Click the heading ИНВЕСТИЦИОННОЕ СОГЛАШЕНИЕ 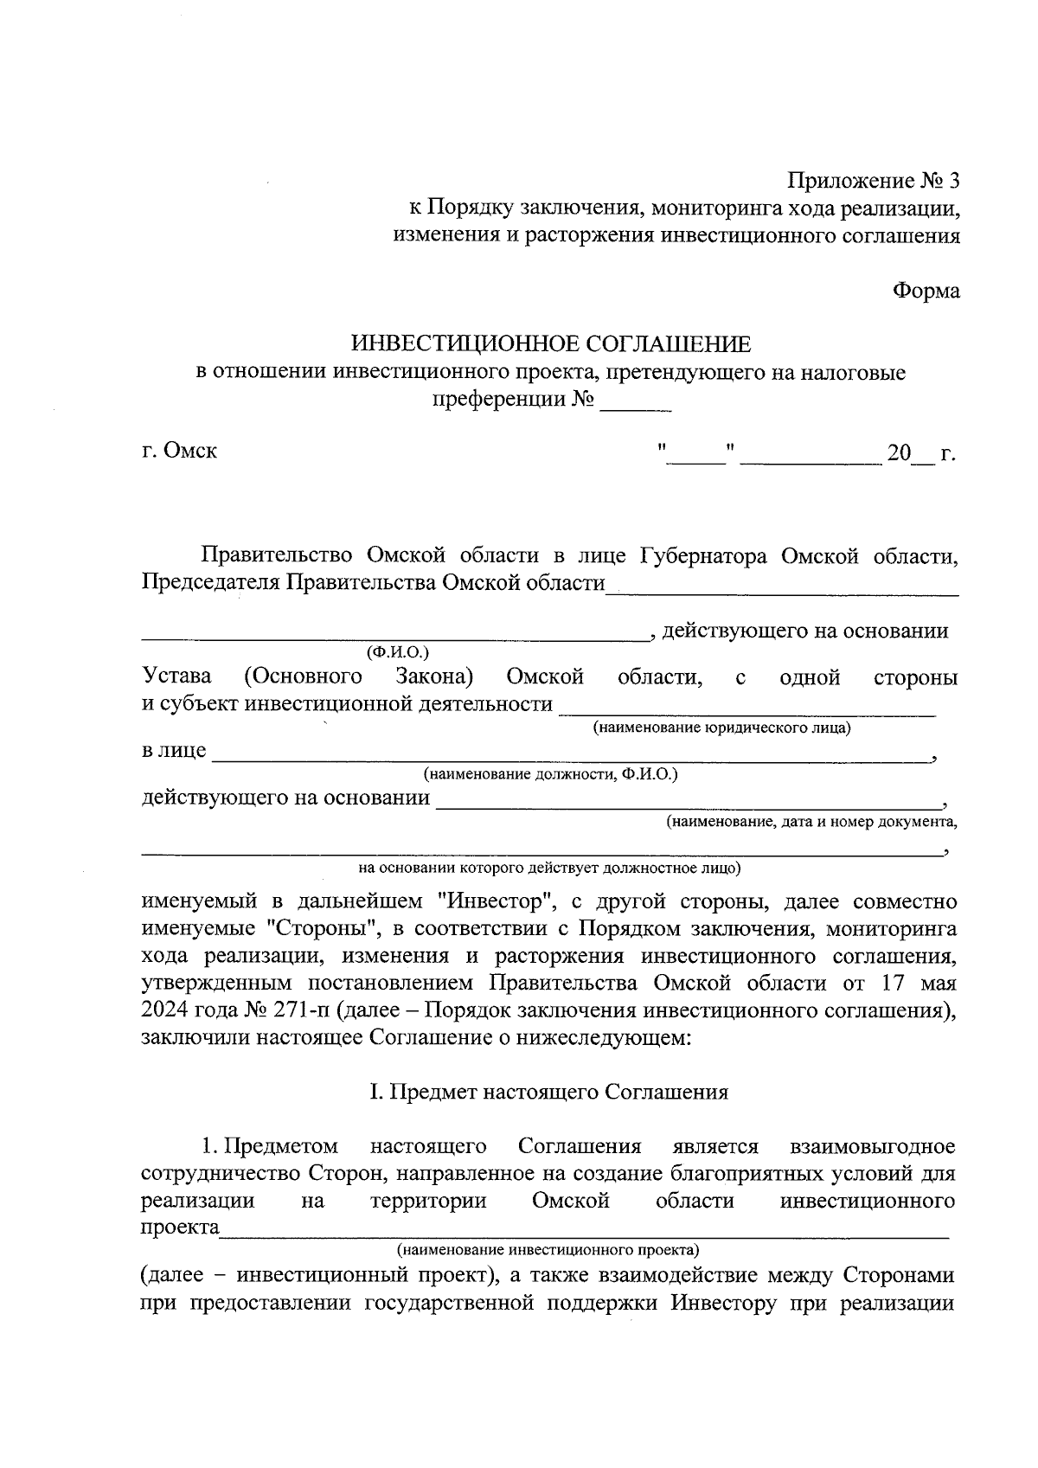tap(551, 344)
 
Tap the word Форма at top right tap(926, 291)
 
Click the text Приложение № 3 tap(873, 181)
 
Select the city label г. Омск tap(179, 451)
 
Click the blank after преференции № tap(636, 403)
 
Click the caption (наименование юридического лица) tap(721, 728)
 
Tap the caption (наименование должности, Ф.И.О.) tap(550, 774)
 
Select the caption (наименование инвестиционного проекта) tap(548, 1250)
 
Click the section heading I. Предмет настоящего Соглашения tap(548, 1092)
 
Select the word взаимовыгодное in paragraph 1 tap(873, 1146)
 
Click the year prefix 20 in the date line tap(899, 452)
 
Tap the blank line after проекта tap(584, 1233)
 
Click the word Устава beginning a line tap(176, 676)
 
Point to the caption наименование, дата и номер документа tap(811, 821)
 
